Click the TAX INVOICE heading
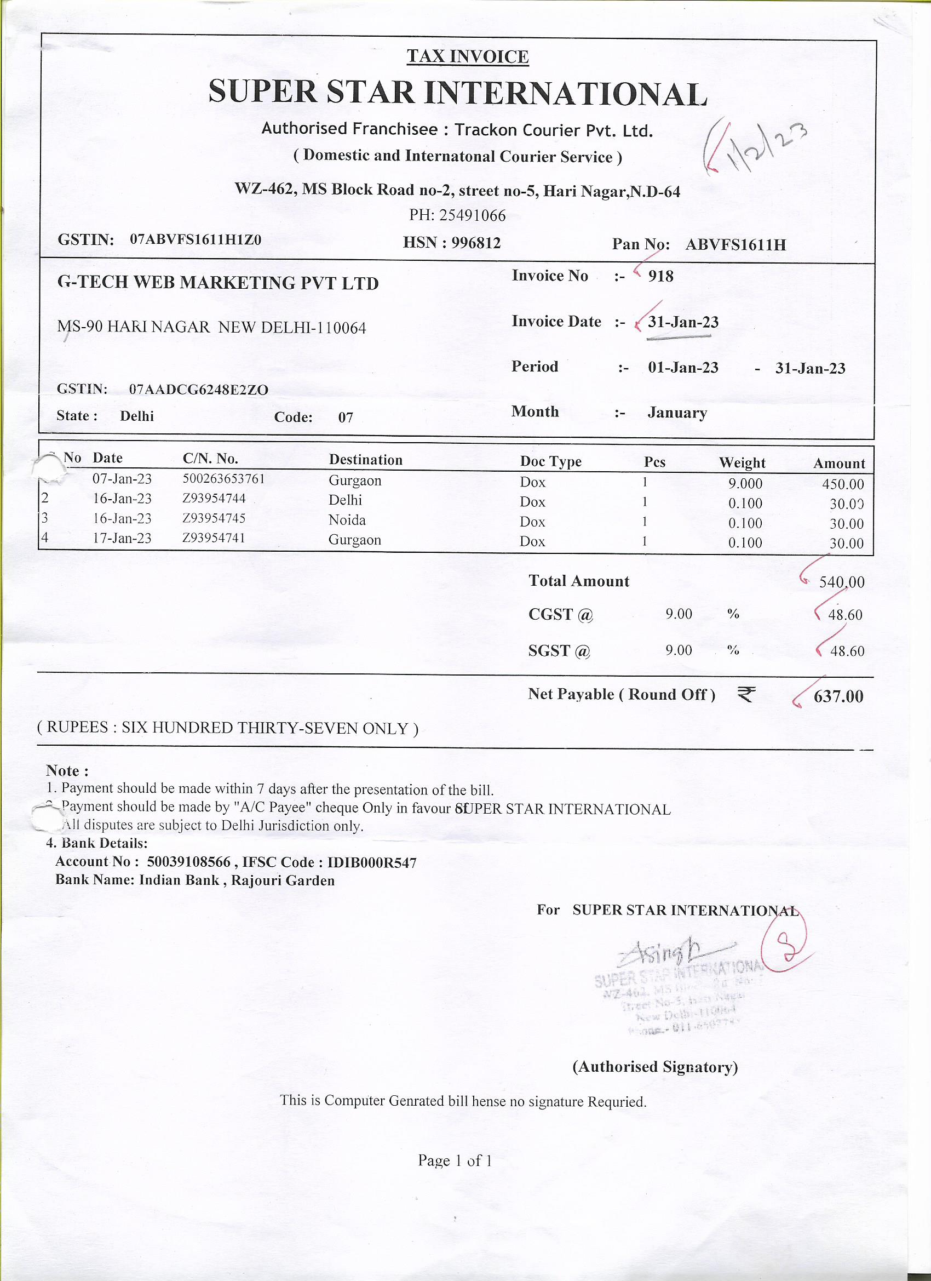468,57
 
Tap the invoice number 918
660,276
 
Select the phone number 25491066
472,215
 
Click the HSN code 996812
475,243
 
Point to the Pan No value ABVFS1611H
735,244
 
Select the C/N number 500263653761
223,479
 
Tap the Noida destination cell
347,520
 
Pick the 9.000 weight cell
745,484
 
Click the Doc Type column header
550,462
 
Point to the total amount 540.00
841,582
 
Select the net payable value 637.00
838,696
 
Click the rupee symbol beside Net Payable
746,694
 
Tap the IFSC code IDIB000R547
372,862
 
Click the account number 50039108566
188,862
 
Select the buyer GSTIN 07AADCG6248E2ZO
199,390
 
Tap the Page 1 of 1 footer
455,1160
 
